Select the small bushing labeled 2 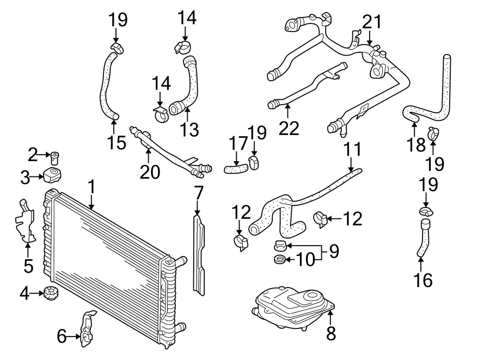[x=54, y=158]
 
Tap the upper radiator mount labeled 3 [x=53, y=175]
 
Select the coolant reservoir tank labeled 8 [x=294, y=308]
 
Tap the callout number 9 [x=333, y=252]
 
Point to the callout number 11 [x=351, y=149]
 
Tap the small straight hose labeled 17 [x=235, y=170]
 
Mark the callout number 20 [x=150, y=172]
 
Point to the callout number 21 [x=372, y=22]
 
